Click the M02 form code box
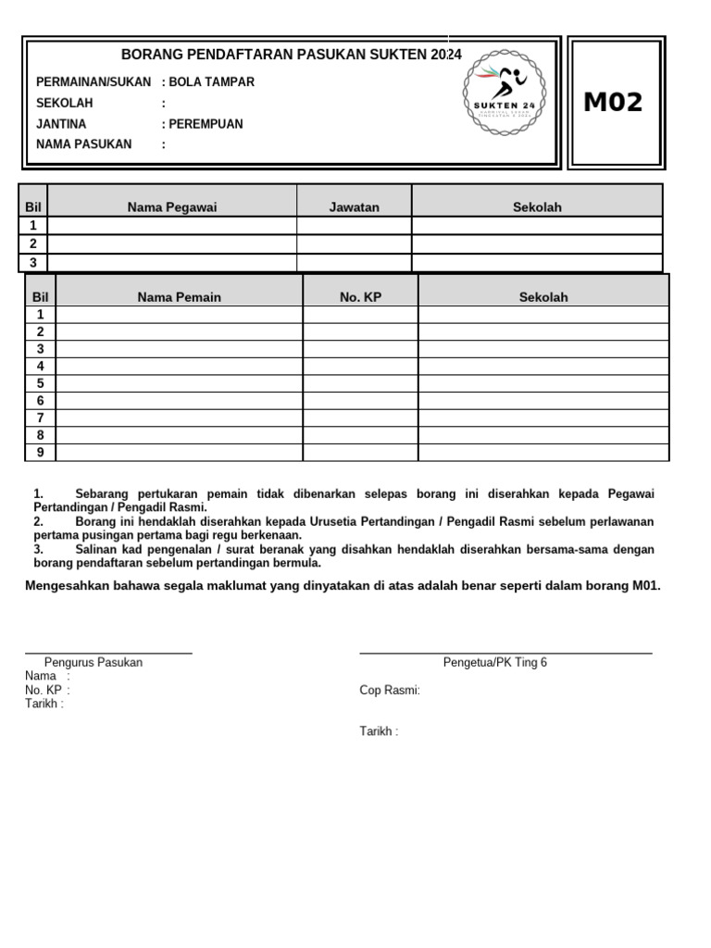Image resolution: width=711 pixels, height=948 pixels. point(613,103)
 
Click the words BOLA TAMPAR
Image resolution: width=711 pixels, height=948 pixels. point(211,82)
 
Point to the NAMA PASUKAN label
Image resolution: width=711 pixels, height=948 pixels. point(83,144)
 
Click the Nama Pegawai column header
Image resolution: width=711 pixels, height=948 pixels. point(172,207)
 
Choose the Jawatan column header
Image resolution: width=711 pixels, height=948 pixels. point(354,207)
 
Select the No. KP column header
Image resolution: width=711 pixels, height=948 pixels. point(360,297)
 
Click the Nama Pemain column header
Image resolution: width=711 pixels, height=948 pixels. point(180,297)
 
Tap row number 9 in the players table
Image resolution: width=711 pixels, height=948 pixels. point(41,452)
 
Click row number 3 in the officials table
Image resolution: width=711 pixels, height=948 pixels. point(33,263)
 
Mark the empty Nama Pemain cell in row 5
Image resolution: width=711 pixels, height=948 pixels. point(180,383)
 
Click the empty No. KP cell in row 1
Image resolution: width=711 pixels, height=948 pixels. point(360,315)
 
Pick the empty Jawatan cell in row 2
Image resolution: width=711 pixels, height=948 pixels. point(354,244)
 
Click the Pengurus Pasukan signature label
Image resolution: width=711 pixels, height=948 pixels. point(94,663)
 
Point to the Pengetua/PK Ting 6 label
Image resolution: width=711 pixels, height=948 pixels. point(495,663)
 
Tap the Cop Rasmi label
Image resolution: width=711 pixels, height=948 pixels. point(390,691)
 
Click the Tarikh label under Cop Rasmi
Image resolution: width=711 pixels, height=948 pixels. point(379,732)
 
